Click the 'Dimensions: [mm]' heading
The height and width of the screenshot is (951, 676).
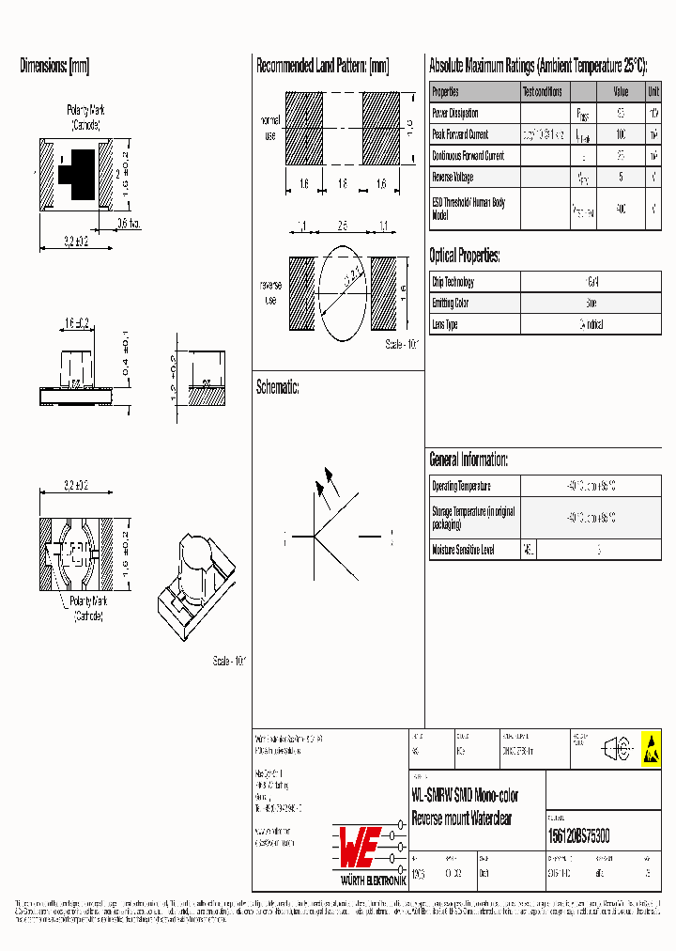[54, 67]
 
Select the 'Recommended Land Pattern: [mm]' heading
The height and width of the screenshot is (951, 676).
[322, 67]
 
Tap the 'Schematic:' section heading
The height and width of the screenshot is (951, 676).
[277, 387]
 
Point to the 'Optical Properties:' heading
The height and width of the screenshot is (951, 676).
[464, 256]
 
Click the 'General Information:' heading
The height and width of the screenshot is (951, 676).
[469, 460]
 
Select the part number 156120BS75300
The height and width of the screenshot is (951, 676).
[577, 835]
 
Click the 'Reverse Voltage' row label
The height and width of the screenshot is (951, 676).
[453, 177]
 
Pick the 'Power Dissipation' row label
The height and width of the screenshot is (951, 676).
[455, 113]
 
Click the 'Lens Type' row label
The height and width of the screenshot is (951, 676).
[445, 324]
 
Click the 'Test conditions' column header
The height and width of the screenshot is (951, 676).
[543, 92]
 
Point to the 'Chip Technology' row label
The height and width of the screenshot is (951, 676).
[453, 282]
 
